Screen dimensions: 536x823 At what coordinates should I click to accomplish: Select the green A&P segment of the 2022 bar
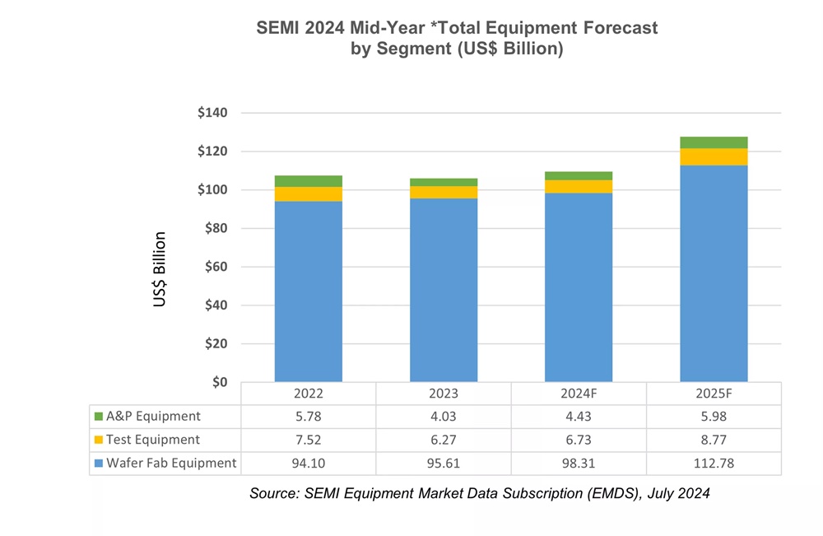(x=308, y=181)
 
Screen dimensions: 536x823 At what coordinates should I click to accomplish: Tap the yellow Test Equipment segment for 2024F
(x=578, y=186)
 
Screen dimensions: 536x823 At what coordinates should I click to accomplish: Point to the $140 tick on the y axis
(x=212, y=113)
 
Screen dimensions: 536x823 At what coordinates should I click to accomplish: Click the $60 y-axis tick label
(x=216, y=267)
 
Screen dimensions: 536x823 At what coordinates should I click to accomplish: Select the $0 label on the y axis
(x=219, y=382)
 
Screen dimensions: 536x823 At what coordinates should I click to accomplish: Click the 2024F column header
(x=579, y=394)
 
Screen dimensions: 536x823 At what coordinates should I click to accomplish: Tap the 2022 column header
(x=308, y=394)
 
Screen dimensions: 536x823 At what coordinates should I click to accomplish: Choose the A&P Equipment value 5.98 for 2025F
(x=714, y=417)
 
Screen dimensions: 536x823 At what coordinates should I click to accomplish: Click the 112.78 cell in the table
(x=714, y=463)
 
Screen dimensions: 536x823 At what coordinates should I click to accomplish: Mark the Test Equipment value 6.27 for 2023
(x=443, y=440)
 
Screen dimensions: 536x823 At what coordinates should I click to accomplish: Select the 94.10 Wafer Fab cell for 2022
(x=308, y=463)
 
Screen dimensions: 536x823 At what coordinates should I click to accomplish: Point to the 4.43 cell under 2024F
(x=579, y=417)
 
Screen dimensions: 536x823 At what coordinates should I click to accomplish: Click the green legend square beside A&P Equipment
(x=99, y=417)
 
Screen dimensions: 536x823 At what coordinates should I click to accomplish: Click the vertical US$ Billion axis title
(x=160, y=269)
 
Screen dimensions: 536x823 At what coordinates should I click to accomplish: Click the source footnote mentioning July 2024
(x=479, y=494)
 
